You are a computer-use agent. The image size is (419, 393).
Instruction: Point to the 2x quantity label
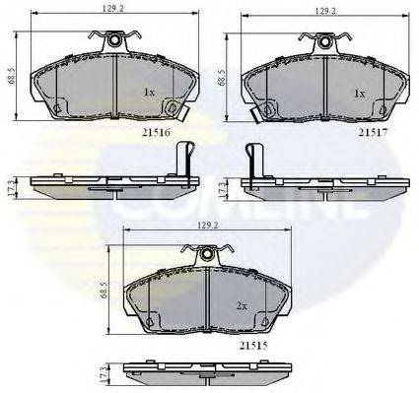point(242,305)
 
